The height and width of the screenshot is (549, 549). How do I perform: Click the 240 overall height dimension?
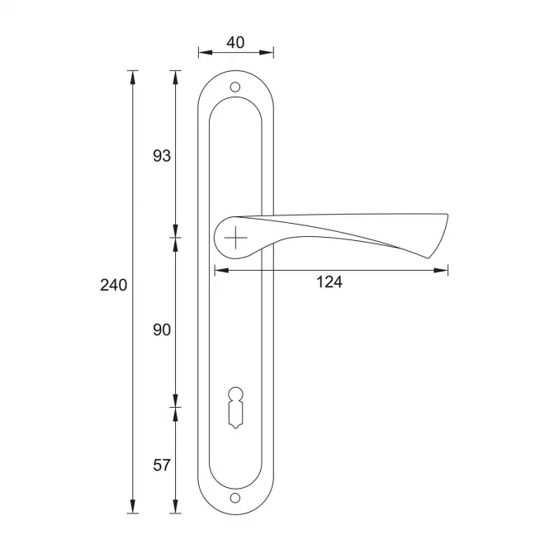pos(113,285)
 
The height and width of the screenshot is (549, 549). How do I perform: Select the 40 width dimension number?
pos(235,42)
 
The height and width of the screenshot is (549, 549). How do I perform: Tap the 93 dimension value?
pos(162,156)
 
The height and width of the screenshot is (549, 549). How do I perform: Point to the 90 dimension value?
pos(162,330)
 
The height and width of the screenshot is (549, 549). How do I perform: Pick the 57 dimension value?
pos(162,466)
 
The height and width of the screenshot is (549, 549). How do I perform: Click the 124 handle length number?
pos(329,282)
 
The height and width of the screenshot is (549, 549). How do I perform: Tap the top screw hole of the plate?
pos(235,87)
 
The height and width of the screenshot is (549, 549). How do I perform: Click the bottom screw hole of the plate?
pos(235,498)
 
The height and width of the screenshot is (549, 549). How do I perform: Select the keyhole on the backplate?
pos(235,408)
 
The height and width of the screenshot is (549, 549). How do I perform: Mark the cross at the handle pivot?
pos(235,238)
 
